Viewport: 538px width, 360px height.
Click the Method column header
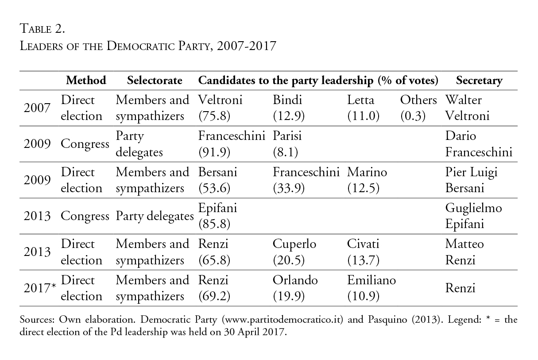coord(86,81)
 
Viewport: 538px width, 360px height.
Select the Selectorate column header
coord(154,81)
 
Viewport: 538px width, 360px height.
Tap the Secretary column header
coord(479,81)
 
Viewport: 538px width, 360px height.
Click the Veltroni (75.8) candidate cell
coord(220,108)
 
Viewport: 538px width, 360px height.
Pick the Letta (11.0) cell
coord(363,108)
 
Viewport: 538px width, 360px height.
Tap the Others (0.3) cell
coord(418,108)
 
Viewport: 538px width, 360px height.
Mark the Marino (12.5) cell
coord(367,180)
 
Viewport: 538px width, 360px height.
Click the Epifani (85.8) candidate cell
coord(215,216)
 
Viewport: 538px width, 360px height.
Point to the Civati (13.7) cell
coord(363,252)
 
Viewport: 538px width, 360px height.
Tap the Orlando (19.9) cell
coord(295,288)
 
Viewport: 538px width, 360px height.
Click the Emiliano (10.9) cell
coord(372,288)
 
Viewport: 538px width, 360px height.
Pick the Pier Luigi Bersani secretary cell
coord(471,180)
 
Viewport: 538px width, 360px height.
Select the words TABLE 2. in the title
coord(43,30)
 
